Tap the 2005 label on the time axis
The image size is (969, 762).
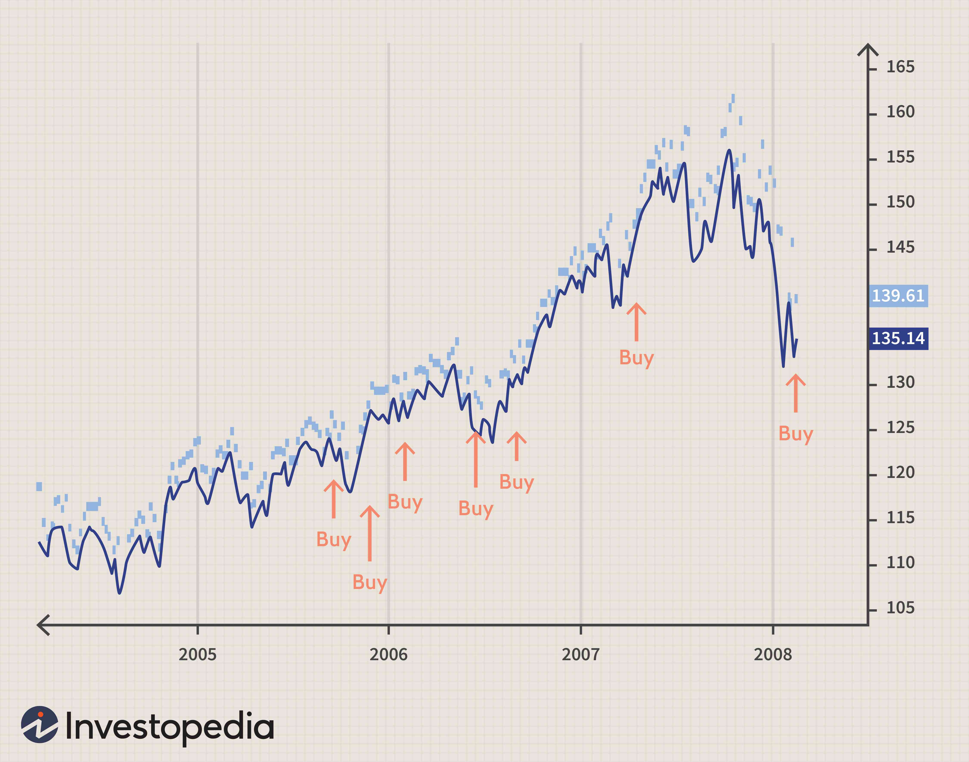coord(197,654)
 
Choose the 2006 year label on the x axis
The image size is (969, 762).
coord(388,654)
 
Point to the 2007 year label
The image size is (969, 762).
coord(580,654)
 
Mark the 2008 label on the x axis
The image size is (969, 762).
coord(773,654)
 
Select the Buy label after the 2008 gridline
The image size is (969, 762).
coord(795,434)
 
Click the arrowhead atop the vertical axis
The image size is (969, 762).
coord(868,49)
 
